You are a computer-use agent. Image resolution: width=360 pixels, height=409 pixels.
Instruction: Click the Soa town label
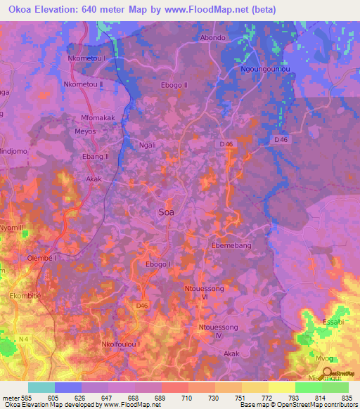(167, 211)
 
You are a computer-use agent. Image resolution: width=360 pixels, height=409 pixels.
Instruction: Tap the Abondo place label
(213, 38)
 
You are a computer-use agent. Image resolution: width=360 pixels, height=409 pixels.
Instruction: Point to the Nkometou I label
(89, 58)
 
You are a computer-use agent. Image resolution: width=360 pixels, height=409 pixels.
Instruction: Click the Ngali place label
(148, 146)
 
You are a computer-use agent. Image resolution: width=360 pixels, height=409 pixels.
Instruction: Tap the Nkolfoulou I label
(122, 344)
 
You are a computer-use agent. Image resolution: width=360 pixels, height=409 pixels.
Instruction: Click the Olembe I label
(41, 258)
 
